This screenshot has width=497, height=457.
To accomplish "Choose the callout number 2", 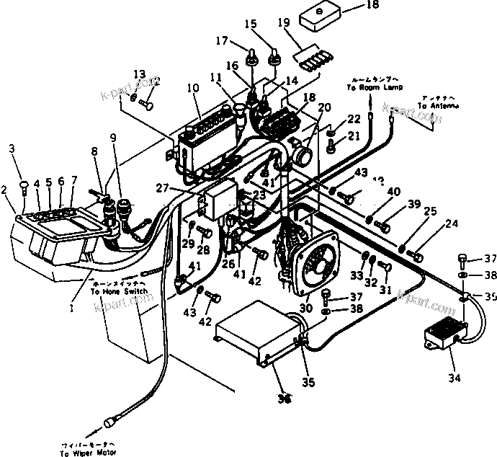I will point(5,190).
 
